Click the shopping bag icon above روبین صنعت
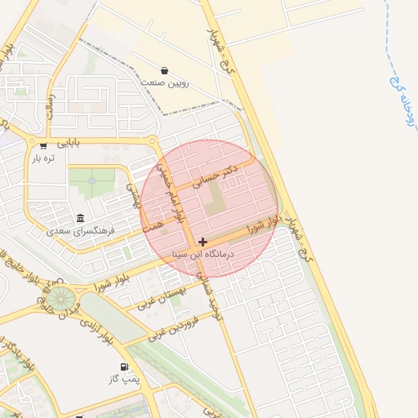(x=165, y=71)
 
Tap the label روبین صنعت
(x=165, y=82)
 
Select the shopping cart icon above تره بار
(x=42, y=146)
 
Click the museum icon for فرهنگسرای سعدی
(x=80, y=218)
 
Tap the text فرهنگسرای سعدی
(x=84, y=231)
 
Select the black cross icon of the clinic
(x=202, y=242)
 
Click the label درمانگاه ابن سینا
(x=204, y=255)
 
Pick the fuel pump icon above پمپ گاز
(x=124, y=367)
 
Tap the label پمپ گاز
(x=124, y=380)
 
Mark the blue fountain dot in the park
(x=91, y=180)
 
